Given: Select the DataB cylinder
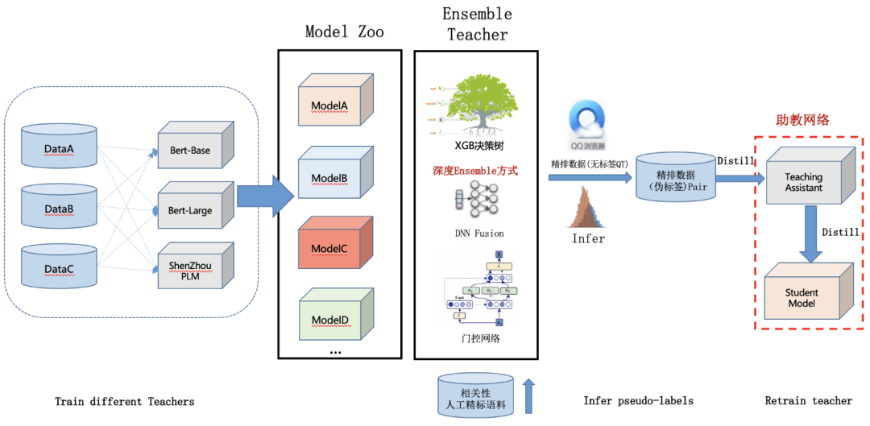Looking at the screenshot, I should coord(60,207).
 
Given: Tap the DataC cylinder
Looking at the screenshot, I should coord(60,267).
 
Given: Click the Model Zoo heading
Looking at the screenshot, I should coord(344,31).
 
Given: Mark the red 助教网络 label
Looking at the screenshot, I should coord(802,120).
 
